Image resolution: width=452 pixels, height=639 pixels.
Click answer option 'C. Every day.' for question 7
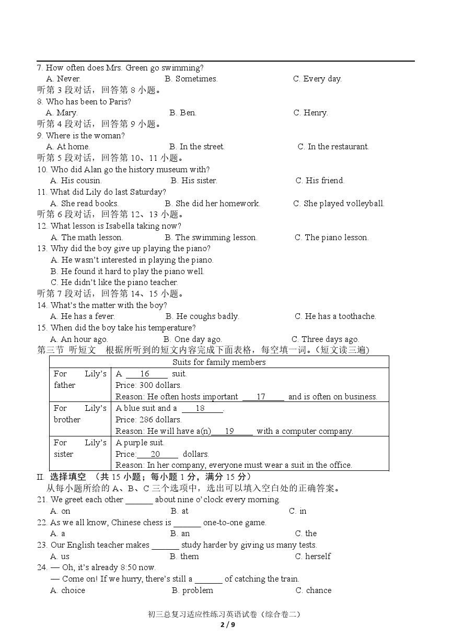(x=317, y=79)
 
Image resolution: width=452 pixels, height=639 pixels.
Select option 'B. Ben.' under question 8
(x=183, y=113)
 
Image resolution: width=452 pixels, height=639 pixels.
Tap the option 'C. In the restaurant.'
(x=333, y=147)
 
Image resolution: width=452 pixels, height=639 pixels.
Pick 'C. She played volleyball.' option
(x=339, y=204)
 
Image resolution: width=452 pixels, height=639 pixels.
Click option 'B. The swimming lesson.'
(x=211, y=238)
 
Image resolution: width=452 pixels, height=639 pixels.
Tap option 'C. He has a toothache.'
(x=335, y=316)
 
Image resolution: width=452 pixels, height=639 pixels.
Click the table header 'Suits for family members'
(x=219, y=362)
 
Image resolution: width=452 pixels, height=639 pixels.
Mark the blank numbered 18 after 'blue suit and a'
(x=201, y=408)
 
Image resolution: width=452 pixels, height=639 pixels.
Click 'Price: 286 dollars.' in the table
(x=148, y=420)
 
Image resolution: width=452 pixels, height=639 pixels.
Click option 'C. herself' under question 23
(x=312, y=557)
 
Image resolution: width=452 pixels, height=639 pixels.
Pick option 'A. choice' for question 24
(x=67, y=590)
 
